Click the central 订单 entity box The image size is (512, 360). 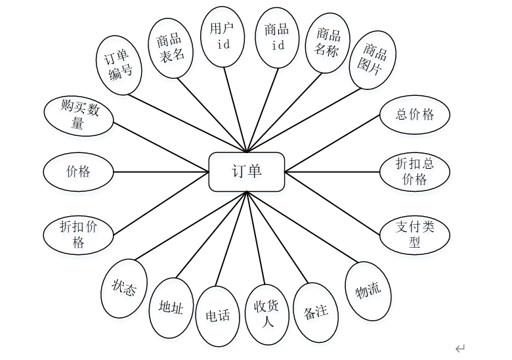point(246,172)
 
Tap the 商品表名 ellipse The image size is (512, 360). point(170,47)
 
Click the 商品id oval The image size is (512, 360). point(276,37)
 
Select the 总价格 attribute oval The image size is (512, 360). point(415,114)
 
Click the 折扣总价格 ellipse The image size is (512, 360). point(415,171)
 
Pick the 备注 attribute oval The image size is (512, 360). point(316,312)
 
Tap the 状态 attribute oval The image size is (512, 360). point(123,288)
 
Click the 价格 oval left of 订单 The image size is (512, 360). point(78,172)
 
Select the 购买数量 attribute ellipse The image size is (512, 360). point(79,116)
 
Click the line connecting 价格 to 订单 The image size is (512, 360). point(161,172)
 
